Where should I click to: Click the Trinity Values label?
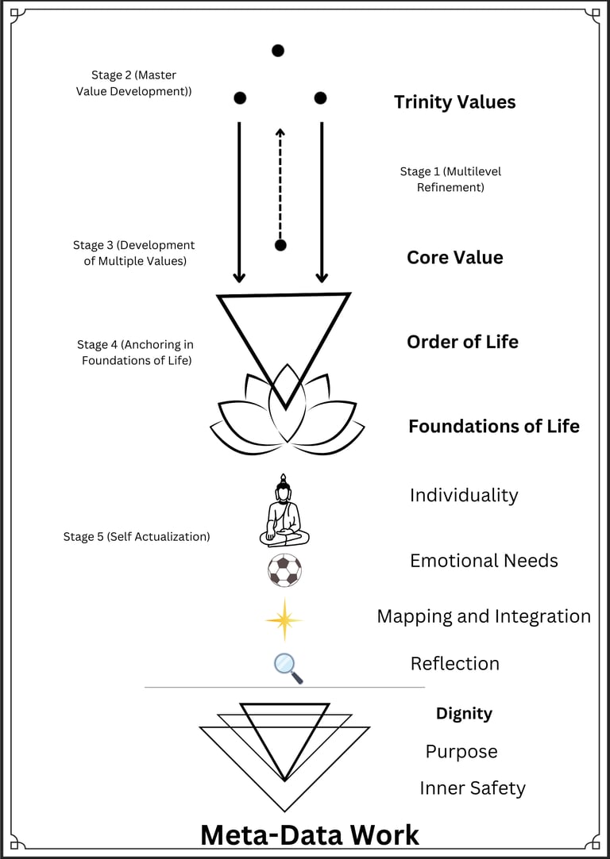(454, 102)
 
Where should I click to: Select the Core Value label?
(454, 258)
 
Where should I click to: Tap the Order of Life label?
(462, 342)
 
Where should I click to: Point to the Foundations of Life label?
(493, 426)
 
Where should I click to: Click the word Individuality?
(463, 496)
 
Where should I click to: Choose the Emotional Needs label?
(483, 561)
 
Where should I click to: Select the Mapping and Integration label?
(483, 616)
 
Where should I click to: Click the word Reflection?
(454, 664)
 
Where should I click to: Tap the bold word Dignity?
(464, 714)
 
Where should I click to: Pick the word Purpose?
(461, 752)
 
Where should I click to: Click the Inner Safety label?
(472, 788)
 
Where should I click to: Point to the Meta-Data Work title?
(309, 834)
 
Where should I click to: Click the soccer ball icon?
(284, 570)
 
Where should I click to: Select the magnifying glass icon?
(288, 668)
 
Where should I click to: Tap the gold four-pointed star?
(284, 619)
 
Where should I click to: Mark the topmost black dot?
(278, 51)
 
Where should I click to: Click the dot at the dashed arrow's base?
(280, 245)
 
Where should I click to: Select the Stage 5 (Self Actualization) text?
(137, 537)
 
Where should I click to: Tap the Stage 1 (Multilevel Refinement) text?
(450, 179)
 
